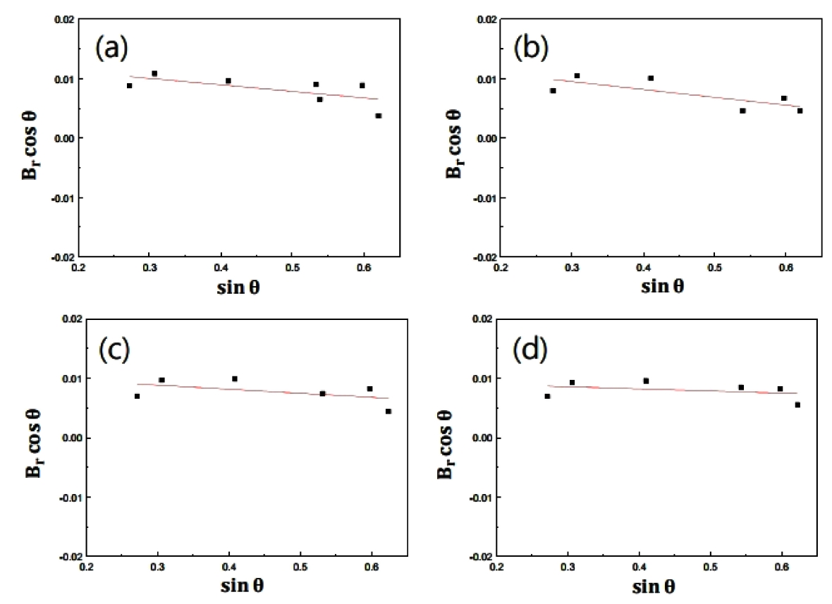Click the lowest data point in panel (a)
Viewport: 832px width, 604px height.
click(x=379, y=116)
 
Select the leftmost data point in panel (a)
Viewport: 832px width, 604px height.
click(x=129, y=85)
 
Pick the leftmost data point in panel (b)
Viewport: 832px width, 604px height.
click(x=553, y=90)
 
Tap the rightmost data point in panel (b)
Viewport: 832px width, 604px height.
click(x=800, y=111)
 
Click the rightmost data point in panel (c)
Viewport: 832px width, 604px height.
click(x=388, y=411)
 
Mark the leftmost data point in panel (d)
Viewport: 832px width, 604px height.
click(x=547, y=396)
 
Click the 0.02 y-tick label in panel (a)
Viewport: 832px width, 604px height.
click(x=66, y=19)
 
